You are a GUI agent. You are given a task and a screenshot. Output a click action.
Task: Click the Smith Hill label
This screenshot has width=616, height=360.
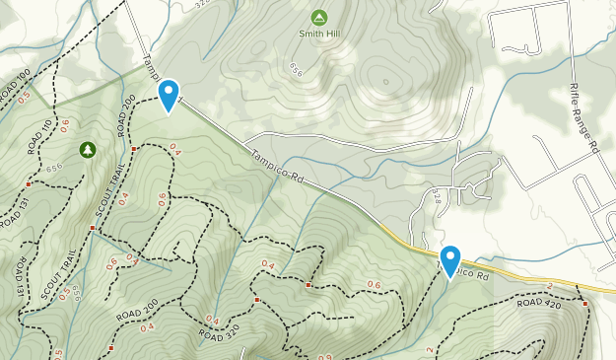coord(318,33)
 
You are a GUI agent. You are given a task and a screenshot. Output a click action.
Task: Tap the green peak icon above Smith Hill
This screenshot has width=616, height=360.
coord(318,17)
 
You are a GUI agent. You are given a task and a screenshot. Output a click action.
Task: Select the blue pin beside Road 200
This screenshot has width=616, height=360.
coord(170,96)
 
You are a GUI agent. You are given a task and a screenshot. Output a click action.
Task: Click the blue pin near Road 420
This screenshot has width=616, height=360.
coord(450,261)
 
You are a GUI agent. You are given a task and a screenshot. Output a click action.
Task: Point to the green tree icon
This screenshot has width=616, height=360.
coord(88,149)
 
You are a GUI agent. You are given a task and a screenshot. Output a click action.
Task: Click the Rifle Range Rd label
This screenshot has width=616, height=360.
coord(583,115)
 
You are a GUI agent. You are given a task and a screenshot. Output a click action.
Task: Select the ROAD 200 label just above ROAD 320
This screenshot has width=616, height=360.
coord(137,309)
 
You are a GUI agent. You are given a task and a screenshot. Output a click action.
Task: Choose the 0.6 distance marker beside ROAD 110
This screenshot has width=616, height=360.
coord(65,125)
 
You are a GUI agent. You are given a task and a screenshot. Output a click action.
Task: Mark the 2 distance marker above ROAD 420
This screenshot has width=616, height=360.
coord(549,285)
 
